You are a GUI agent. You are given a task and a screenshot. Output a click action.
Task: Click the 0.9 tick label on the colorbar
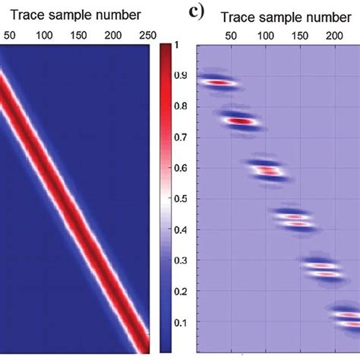[180, 76]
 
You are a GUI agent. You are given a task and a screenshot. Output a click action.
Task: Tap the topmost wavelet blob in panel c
[218, 81]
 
